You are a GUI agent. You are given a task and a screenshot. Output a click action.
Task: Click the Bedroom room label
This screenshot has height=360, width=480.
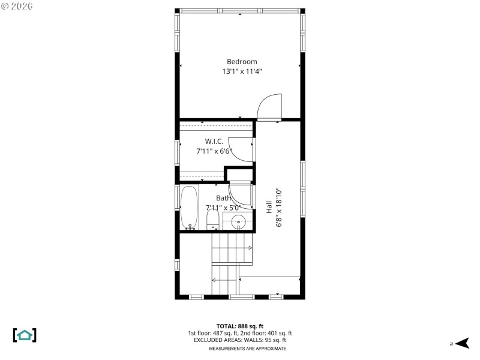[242, 62]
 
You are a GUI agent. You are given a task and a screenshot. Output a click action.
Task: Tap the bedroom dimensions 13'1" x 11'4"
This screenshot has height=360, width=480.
[242, 71]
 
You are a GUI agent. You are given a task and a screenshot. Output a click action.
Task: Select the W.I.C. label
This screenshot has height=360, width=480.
[214, 142]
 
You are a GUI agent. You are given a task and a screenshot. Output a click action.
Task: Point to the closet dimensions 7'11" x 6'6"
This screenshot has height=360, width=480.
[214, 151]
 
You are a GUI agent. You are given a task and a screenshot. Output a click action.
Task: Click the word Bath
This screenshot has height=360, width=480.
[223, 198]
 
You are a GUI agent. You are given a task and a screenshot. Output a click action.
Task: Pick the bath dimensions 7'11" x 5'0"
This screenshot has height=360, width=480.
[223, 208]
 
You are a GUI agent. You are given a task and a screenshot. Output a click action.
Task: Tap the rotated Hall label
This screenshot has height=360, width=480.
[269, 207]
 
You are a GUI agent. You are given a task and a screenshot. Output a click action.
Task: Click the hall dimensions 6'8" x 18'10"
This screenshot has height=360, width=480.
[279, 207]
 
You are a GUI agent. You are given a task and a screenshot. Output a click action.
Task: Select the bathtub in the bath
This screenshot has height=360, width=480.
[190, 207]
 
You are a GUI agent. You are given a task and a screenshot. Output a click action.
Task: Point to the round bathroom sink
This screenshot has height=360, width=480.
[239, 221]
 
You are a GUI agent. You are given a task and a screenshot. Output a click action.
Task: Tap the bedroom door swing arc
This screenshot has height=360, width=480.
[269, 106]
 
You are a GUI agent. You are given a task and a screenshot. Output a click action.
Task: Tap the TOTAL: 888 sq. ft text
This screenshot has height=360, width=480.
[240, 326]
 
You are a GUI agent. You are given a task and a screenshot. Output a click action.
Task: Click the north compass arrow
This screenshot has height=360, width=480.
[461, 343]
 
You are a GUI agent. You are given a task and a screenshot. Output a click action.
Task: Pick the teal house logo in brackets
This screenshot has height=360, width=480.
[25, 335]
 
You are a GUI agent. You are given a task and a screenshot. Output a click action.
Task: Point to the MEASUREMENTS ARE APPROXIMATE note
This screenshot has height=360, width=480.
[247, 349]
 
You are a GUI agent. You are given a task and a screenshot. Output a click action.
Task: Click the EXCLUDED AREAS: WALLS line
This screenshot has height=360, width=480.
[240, 340]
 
